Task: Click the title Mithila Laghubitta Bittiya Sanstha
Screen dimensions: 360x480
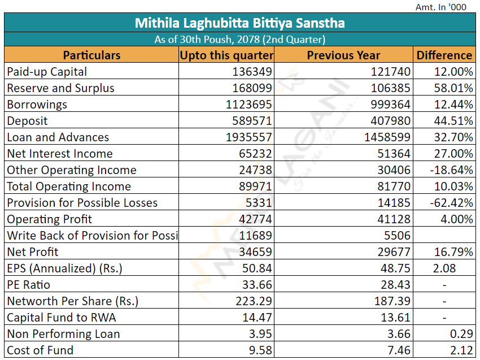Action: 239,23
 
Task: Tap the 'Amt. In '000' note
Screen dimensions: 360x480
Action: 441,7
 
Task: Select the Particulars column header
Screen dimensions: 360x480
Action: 91,55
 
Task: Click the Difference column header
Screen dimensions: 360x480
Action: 444,55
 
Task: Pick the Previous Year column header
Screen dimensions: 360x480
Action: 343,55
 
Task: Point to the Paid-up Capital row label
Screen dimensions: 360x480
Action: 47,72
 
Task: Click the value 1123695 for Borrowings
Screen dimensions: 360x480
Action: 252,105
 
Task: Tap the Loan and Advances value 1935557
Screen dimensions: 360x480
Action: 252,137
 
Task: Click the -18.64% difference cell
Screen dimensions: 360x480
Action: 452,170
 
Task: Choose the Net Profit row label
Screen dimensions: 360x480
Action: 33,252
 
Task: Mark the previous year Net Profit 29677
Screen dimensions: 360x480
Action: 394,252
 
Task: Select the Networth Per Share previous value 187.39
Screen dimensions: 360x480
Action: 392,301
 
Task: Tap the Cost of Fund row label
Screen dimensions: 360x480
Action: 40,350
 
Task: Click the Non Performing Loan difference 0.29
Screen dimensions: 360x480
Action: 461,334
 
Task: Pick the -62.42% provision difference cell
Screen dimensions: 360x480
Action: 452,203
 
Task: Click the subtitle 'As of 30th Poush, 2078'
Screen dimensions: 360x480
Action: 239,40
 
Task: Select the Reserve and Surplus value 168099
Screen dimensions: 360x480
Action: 252,88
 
